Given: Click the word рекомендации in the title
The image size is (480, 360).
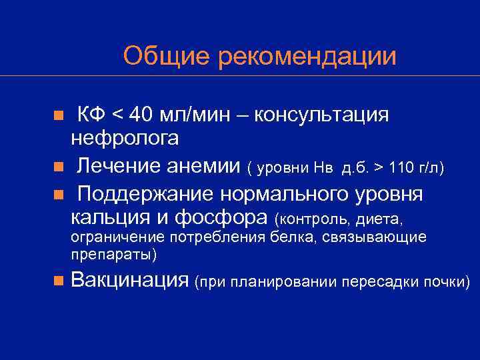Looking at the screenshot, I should coord(307,57).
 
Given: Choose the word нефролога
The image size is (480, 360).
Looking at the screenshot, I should coord(125,138).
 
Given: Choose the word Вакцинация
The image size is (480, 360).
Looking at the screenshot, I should coord(130,280).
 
